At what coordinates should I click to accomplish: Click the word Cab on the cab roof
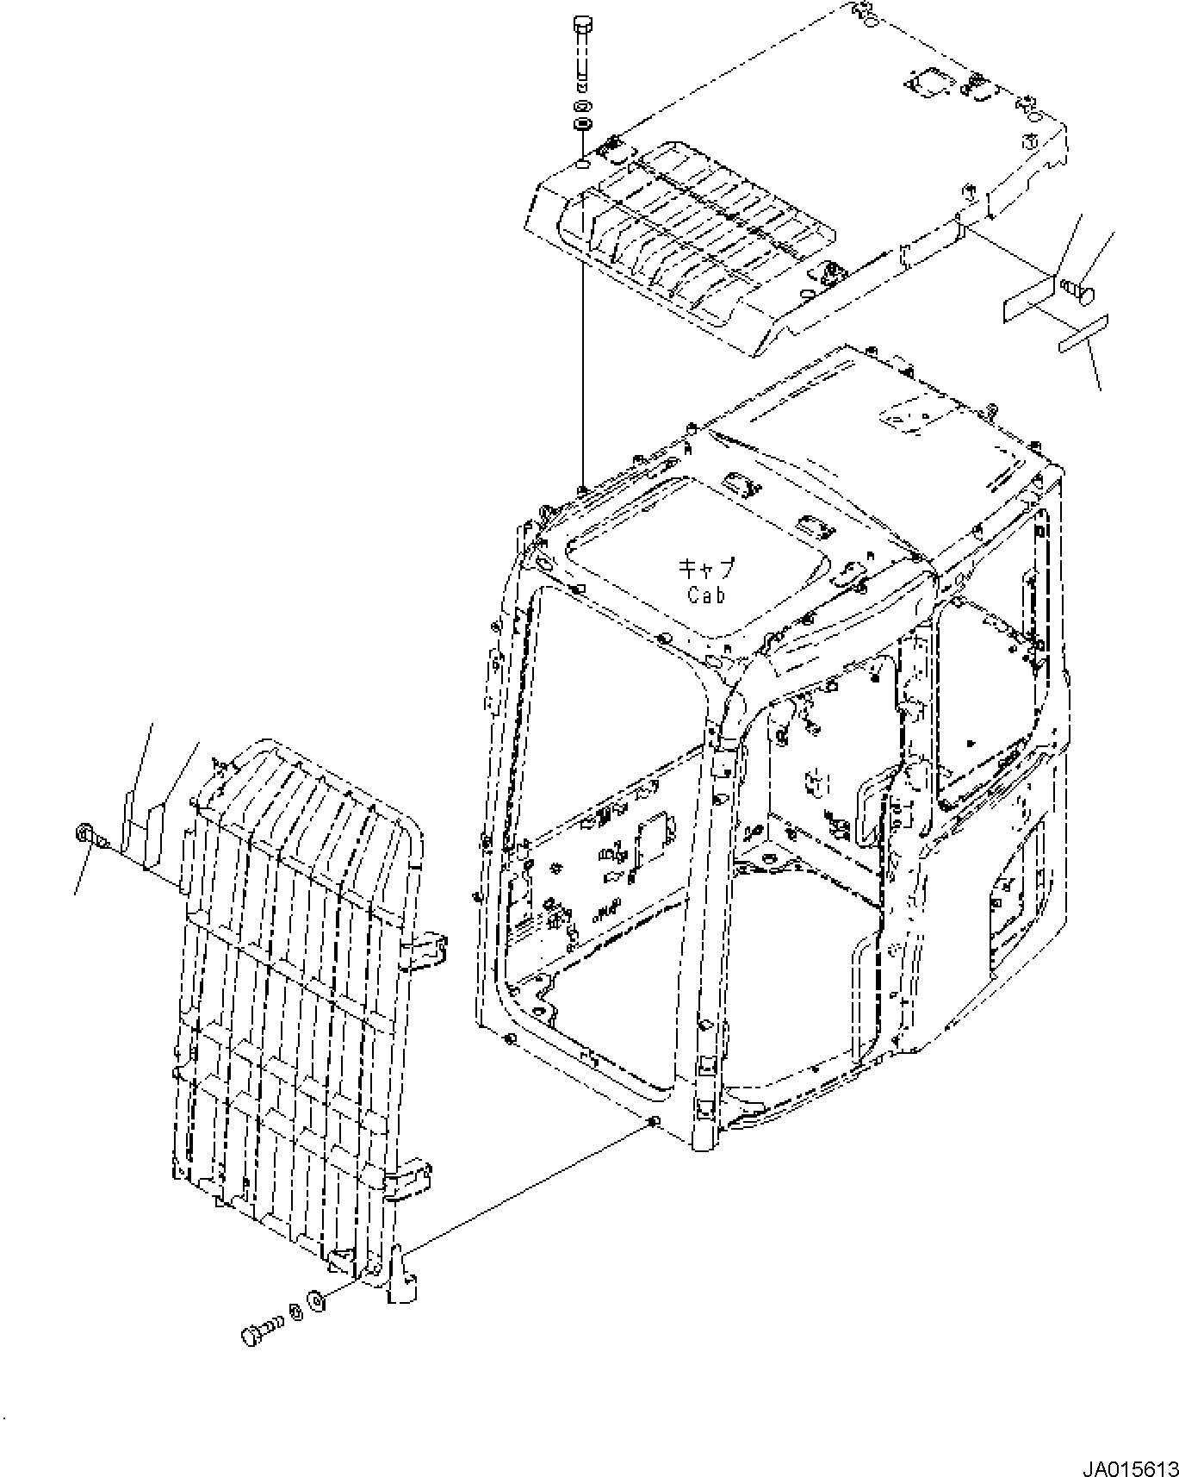click(x=706, y=594)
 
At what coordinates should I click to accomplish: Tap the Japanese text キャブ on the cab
click(x=706, y=568)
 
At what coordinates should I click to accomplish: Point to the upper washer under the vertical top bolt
click(x=582, y=106)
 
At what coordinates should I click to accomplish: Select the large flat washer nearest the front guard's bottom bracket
click(x=315, y=1323)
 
